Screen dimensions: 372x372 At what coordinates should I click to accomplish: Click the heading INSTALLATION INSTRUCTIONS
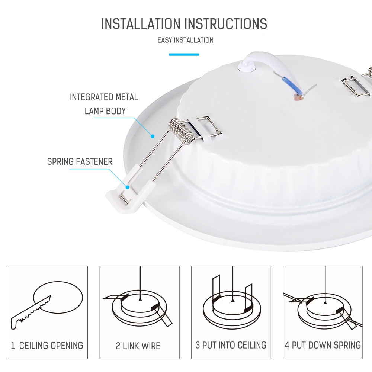pos(184,23)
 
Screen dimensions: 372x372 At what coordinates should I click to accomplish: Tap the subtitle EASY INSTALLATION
pos(185,40)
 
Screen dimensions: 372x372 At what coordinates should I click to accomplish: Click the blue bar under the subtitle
pos(184,55)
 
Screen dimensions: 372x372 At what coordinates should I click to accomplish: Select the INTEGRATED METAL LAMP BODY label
pos(104,104)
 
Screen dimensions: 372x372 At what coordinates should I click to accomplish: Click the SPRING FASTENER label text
pos(80,162)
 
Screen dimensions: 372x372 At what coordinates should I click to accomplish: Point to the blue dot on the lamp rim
pos(152,137)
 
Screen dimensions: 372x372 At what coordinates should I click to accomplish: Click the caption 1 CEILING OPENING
pos(47,346)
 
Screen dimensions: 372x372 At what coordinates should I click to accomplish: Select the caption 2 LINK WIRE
pos(138,346)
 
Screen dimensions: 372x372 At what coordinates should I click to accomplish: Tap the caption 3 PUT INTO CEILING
pos(231,345)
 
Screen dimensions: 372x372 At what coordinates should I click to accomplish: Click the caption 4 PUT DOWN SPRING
pos(323,345)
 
